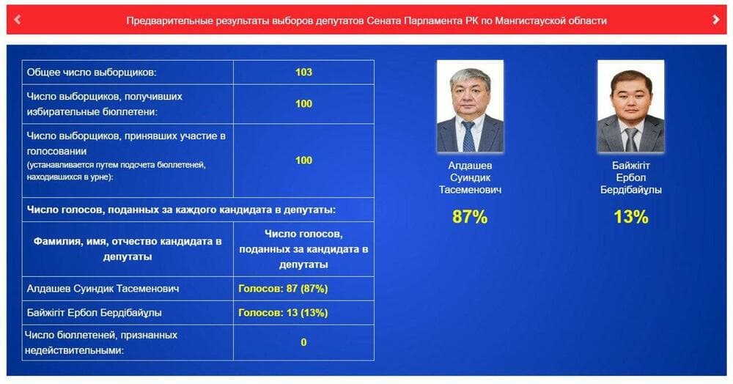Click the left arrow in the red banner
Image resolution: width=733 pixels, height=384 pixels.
pos(18,20)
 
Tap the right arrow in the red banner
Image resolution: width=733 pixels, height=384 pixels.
pos(715,20)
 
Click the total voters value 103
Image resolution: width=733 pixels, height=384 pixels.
pos(303,72)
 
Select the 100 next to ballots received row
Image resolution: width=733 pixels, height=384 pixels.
pos(303,104)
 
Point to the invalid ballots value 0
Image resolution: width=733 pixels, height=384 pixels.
pos(303,342)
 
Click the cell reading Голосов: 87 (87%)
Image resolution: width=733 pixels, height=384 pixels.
pos(283,289)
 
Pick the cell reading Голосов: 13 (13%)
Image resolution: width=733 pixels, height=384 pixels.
pos(283,312)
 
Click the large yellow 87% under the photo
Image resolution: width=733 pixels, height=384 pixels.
pos(470,217)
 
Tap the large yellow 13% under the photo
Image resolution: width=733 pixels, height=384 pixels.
pos(630,217)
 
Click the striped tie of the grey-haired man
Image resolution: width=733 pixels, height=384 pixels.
pos(468,136)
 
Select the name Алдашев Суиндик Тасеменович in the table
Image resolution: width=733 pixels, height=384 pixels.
pos(103,289)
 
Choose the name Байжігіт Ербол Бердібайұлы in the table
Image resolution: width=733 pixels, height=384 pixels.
pos(94,312)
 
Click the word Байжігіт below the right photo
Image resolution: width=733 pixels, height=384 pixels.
pos(630,166)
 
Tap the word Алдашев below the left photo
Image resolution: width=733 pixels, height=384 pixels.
pos(470,166)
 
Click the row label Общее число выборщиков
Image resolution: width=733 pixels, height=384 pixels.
pos(91,73)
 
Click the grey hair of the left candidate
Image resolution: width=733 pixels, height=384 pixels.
pos(470,77)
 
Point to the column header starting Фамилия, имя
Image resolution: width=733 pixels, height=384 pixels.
pos(127,249)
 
